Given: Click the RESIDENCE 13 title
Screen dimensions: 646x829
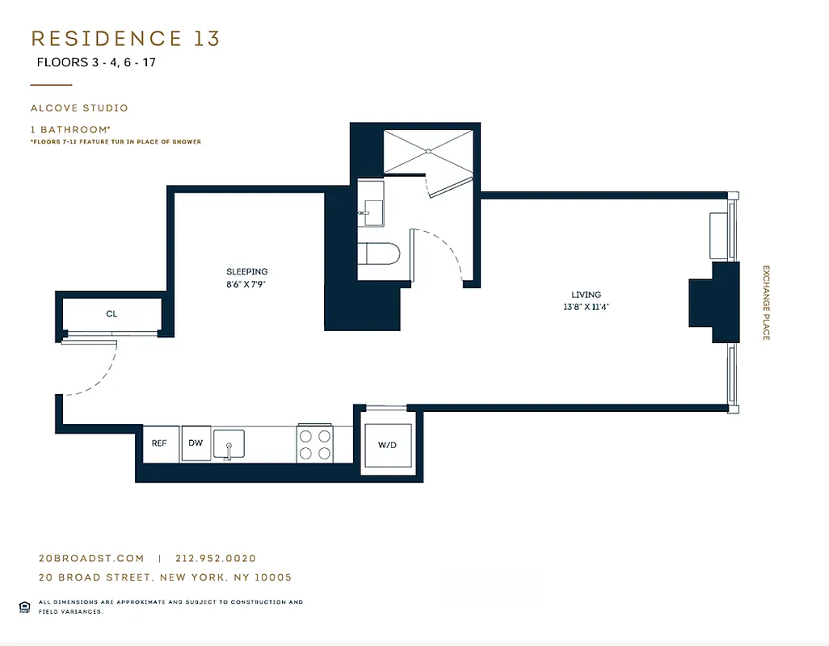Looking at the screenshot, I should pyautogui.click(x=125, y=39).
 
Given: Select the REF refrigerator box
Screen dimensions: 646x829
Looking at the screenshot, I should pyautogui.click(x=159, y=443).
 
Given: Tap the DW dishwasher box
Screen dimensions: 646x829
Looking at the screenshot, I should pyautogui.click(x=196, y=443).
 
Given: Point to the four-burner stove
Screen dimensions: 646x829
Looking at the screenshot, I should pyautogui.click(x=315, y=443).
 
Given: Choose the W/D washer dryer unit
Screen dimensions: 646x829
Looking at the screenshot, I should pyautogui.click(x=388, y=445).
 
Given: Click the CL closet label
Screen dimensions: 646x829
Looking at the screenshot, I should pyautogui.click(x=112, y=313).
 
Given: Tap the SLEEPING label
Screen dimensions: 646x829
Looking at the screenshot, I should pyautogui.click(x=246, y=272).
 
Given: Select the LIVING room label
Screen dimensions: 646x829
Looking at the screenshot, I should pyautogui.click(x=586, y=296).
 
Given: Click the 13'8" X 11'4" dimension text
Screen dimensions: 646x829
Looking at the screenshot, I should pyautogui.click(x=586, y=307).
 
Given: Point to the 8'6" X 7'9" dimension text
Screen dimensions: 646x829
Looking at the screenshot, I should pyautogui.click(x=246, y=283).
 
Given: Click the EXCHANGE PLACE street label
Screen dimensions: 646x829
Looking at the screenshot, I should pyautogui.click(x=766, y=302).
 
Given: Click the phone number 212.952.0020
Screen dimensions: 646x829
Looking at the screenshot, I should pyautogui.click(x=215, y=558).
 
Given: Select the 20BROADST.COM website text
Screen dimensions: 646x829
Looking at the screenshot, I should pyautogui.click(x=91, y=558).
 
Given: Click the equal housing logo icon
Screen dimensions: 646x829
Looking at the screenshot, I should pyautogui.click(x=24, y=606).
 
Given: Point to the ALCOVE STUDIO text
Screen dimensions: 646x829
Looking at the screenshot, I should pyautogui.click(x=79, y=107).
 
